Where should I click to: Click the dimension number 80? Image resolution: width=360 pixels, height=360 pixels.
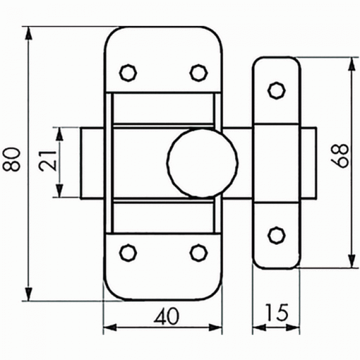14,162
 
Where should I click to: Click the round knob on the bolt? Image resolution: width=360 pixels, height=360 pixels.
203,162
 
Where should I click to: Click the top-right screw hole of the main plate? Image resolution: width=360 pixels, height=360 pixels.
198,72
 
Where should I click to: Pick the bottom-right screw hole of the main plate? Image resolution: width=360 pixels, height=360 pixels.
198,252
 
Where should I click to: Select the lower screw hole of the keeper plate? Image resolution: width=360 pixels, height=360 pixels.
275,235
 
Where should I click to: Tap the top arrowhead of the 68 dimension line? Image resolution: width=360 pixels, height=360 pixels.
351,63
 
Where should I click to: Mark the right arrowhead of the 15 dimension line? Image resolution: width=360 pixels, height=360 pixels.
294,328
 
